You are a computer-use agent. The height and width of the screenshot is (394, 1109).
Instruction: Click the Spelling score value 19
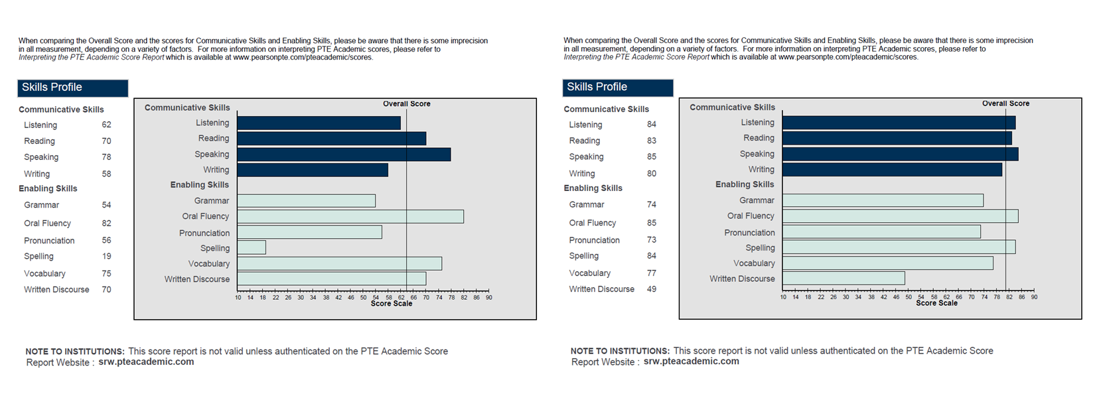[x=106, y=256]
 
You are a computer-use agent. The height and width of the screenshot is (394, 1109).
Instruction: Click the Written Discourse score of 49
[x=651, y=289]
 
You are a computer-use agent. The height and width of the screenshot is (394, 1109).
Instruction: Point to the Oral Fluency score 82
[x=106, y=223]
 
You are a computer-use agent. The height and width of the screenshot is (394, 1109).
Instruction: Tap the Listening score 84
[x=651, y=124]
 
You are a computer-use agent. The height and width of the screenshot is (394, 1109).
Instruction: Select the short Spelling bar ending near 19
[x=252, y=247]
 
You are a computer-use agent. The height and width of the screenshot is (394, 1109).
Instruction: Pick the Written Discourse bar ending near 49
[x=843, y=279]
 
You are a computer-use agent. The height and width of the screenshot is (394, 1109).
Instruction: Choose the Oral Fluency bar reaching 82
[x=350, y=216]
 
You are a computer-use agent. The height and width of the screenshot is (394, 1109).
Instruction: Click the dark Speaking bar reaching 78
[x=344, y=155]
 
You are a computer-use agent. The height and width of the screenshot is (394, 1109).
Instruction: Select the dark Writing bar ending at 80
[x=892, y=170]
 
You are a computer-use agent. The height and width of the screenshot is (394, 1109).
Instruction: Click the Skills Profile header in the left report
[x=52, y=87]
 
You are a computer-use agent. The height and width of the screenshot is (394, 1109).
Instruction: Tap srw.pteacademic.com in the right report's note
[x=691, y=361]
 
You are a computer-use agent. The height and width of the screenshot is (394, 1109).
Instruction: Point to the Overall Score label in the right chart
[x=1005, y=103]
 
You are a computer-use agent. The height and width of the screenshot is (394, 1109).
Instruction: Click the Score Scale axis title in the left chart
[x=391, y=304]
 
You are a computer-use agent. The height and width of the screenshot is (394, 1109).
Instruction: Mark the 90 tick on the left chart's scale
[x=489, y=297]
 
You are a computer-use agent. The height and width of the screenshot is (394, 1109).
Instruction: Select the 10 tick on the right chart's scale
[x=783, y=297]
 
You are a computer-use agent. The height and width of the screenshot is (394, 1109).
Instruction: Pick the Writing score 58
[x=106, y=174]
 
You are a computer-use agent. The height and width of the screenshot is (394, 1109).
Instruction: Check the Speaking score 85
[x=651, y=157]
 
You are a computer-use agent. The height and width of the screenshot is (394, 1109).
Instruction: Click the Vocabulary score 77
[x=651, y=273]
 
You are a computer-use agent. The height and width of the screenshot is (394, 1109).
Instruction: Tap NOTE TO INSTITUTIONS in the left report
[x=75, y=352]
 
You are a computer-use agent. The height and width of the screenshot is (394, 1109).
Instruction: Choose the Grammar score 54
[x=106, y=205]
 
